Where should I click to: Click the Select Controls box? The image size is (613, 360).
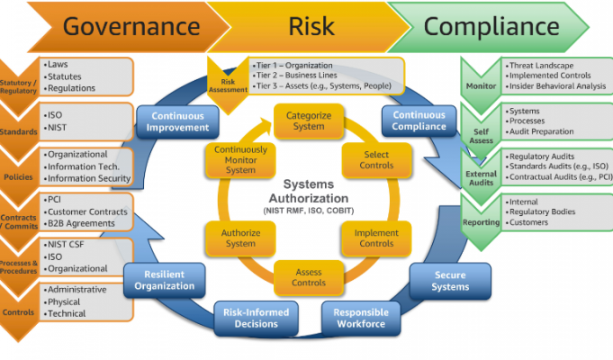[x=377, y=160]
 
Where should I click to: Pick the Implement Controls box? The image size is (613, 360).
[x=377, y=238]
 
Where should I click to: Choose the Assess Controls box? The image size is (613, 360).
[x=308, y=277]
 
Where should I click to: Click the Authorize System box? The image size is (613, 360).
[x=240, y=238]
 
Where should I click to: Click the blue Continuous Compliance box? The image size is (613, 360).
[x=419, y=121]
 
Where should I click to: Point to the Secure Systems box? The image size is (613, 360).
[x=449, y=282]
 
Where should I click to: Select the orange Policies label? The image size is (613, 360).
[x=18, y=176]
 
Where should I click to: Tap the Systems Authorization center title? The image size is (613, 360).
[x=308, y=191]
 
